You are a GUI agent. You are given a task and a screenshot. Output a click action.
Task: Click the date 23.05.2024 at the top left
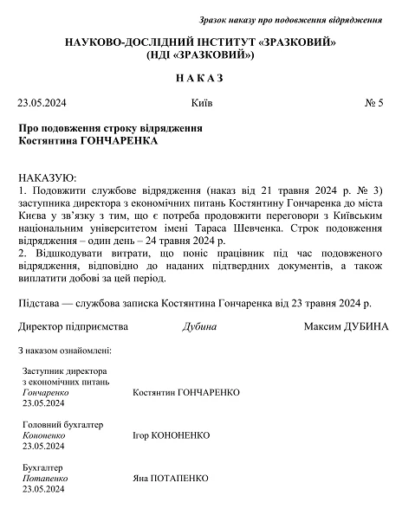tap(42, 104)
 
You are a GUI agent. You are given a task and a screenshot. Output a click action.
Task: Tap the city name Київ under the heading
tap(201, 104)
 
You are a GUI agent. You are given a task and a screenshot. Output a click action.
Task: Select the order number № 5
tap(374, 104)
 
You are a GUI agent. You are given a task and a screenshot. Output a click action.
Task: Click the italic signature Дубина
tap(200, 327)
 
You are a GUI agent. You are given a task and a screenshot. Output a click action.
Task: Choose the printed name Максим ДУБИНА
tap(347, 327)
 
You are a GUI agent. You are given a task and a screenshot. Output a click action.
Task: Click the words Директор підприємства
tap(73, 327)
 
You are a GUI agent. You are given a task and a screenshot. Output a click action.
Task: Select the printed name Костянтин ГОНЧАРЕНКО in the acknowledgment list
tap(186, 392)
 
